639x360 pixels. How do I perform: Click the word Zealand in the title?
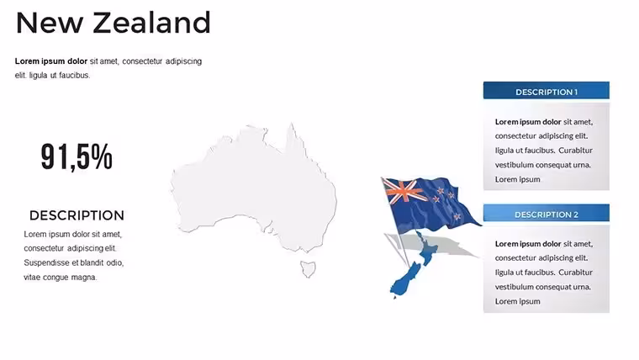coord(151,23)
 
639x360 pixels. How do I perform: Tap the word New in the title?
coord(50,23)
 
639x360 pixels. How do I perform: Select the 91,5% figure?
coord(77,157)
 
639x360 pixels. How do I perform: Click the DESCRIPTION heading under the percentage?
coord(77,215)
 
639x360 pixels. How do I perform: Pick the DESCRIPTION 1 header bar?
coord(546,91)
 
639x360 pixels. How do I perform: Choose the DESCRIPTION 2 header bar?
coord(546,213)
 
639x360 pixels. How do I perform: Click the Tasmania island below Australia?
coord(308,269)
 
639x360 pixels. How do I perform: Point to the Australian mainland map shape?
coord(253,188)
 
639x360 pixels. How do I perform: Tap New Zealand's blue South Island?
coord(404,281)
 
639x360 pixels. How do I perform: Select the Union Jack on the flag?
coord(404,191)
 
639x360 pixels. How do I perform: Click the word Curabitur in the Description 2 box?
coord(575,273)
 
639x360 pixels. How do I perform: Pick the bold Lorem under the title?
coord(27,61)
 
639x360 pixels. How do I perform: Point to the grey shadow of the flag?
coord(431,246)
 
